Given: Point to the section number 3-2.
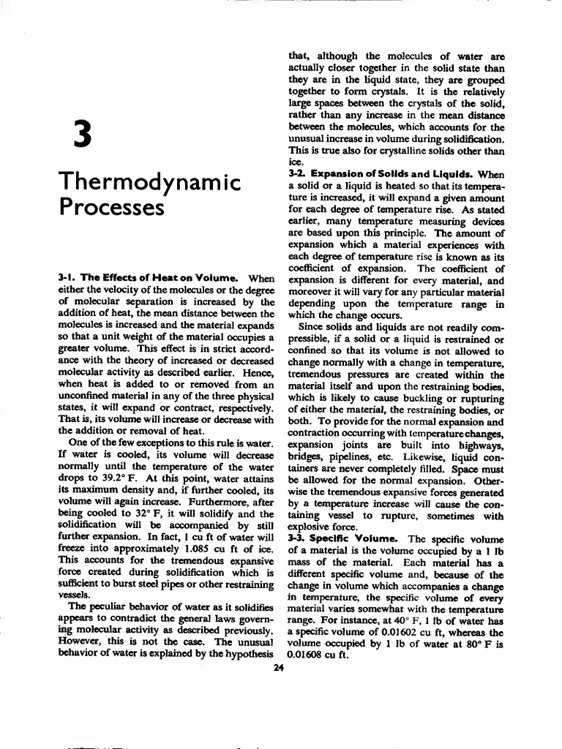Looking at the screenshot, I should pos(298,175).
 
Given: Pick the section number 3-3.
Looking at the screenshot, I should pos(297,539).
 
